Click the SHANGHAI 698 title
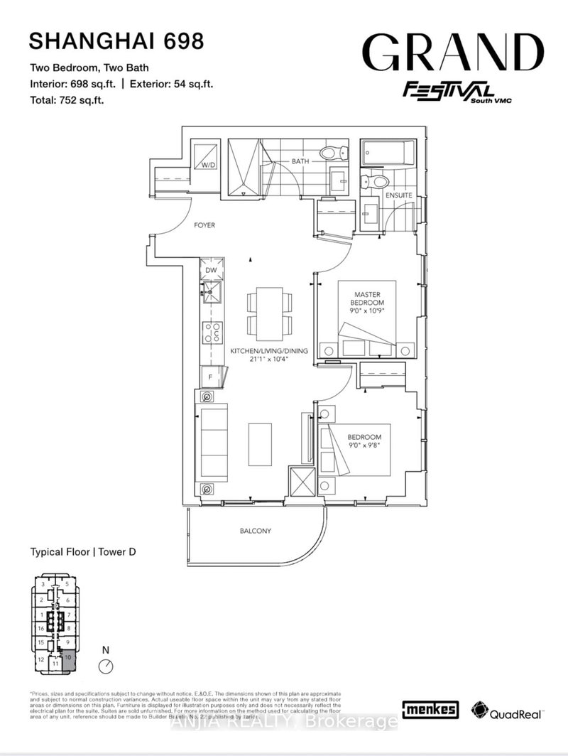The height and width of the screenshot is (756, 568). [116, 41]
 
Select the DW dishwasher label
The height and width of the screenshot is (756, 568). [211, 270]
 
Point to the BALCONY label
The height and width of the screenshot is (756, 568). [256, 531]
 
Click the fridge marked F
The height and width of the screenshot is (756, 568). [210, 377]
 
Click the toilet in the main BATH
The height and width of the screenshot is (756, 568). [333, 152]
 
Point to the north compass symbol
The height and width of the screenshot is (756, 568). [106, 665]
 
